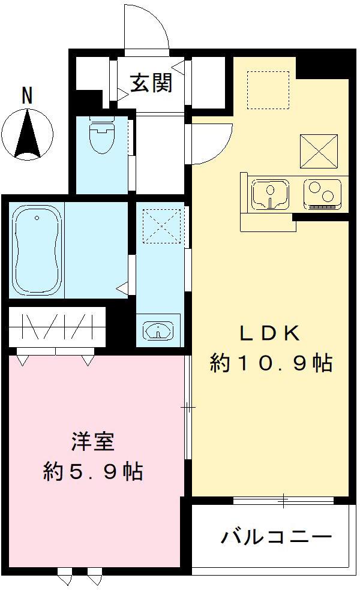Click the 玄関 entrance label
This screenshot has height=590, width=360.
coord(152,83)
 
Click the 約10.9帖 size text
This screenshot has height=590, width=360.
coord(271,363)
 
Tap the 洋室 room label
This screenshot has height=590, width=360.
coord(90,442)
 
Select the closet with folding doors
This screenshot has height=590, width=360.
coord(57,327)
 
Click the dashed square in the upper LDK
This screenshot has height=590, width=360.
coord(268,90)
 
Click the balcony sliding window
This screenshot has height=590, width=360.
coord(283,499)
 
